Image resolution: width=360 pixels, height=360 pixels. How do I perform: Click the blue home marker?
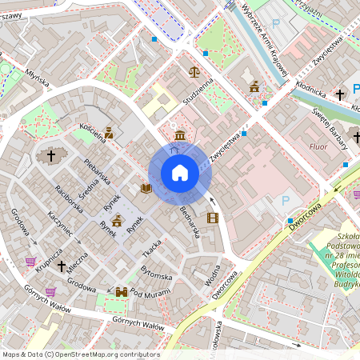point(179,173)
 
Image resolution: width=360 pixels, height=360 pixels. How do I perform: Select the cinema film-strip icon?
point(212,217)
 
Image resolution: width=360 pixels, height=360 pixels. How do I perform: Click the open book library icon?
point(146,189)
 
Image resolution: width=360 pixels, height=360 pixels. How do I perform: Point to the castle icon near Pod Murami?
point(122,293)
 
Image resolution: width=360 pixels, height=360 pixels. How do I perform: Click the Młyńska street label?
point(37,77)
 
